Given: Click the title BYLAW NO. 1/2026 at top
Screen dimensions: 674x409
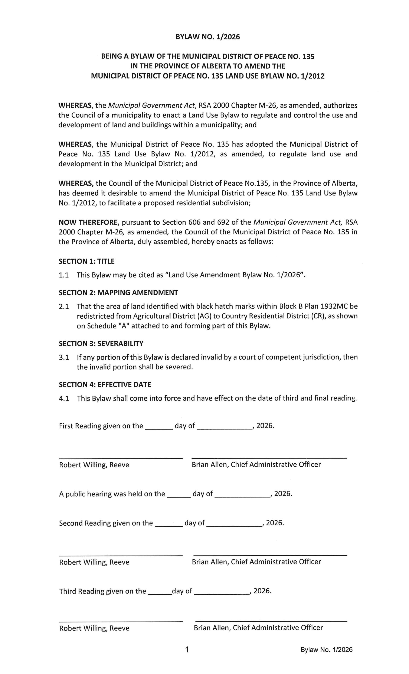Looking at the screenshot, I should pyautogui.click(x=207, y=37).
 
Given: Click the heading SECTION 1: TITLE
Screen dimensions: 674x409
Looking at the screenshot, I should pyautogui.click(x=86, y=261).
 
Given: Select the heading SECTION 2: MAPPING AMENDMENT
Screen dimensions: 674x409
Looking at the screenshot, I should pyautogui.click(x=118, y=293).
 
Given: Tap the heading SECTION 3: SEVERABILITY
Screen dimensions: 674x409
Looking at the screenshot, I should pyautogui.click(x=101, y=344).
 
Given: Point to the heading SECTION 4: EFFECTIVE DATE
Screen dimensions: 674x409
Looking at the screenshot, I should pyautogui.click(x=105, y=385).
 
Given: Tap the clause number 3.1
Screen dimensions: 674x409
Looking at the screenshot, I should pyautogui.click(x=64, y=357).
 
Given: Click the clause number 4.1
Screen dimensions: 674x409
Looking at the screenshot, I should pyautogui.click(x=64, y=398).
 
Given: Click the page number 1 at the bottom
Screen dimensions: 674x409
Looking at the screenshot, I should pyautogui.click(x=187, y=649).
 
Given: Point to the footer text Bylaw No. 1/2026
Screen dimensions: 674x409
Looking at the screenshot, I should pyautogui.click(x=326, y=650).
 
